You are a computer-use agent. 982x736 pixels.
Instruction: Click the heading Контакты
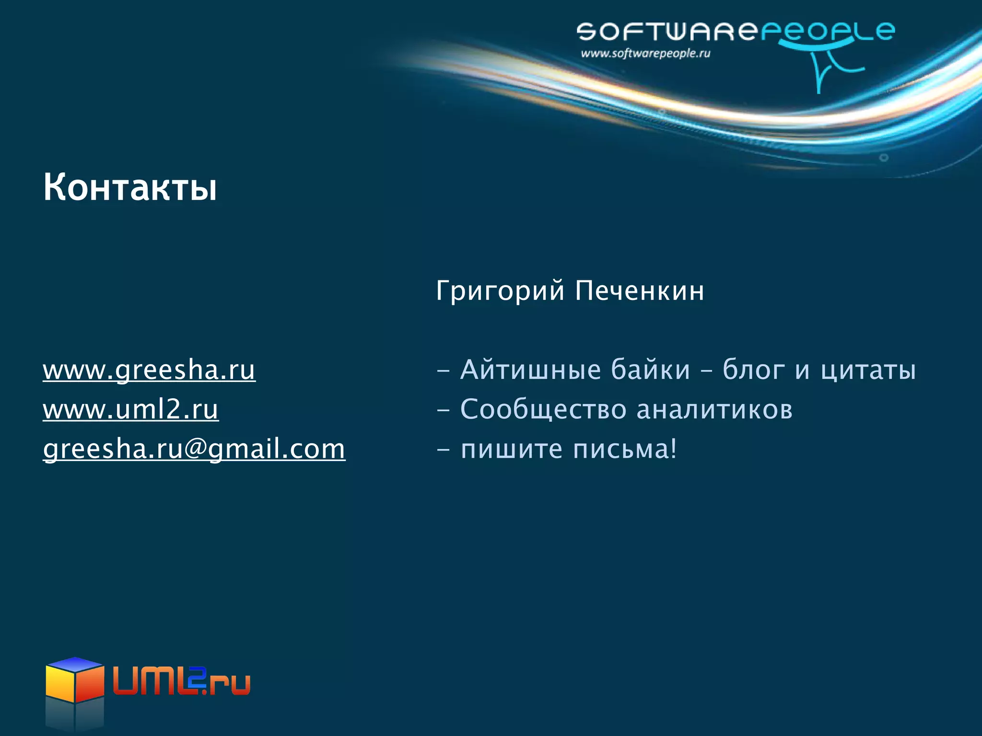[130, 187]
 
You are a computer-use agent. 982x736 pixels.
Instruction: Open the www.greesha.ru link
[149, 370]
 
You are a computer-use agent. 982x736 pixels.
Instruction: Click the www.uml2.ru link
[130, 410]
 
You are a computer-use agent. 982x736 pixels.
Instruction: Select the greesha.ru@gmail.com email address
[194, 449]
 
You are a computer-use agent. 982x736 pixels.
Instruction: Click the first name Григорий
[500, 291]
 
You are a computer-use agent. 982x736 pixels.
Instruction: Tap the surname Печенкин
[640, 291]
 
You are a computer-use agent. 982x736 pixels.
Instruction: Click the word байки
[651, 370]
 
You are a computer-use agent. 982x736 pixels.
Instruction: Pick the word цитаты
[868, 370]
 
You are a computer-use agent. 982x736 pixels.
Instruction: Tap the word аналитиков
[714, 410]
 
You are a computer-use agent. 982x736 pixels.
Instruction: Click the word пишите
[511, 449]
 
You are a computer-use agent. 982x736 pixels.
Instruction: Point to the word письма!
[625, 449]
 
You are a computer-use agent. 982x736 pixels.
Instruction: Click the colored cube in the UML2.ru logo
[75, 680]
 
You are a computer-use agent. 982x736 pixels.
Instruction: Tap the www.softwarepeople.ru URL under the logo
[645, 54]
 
